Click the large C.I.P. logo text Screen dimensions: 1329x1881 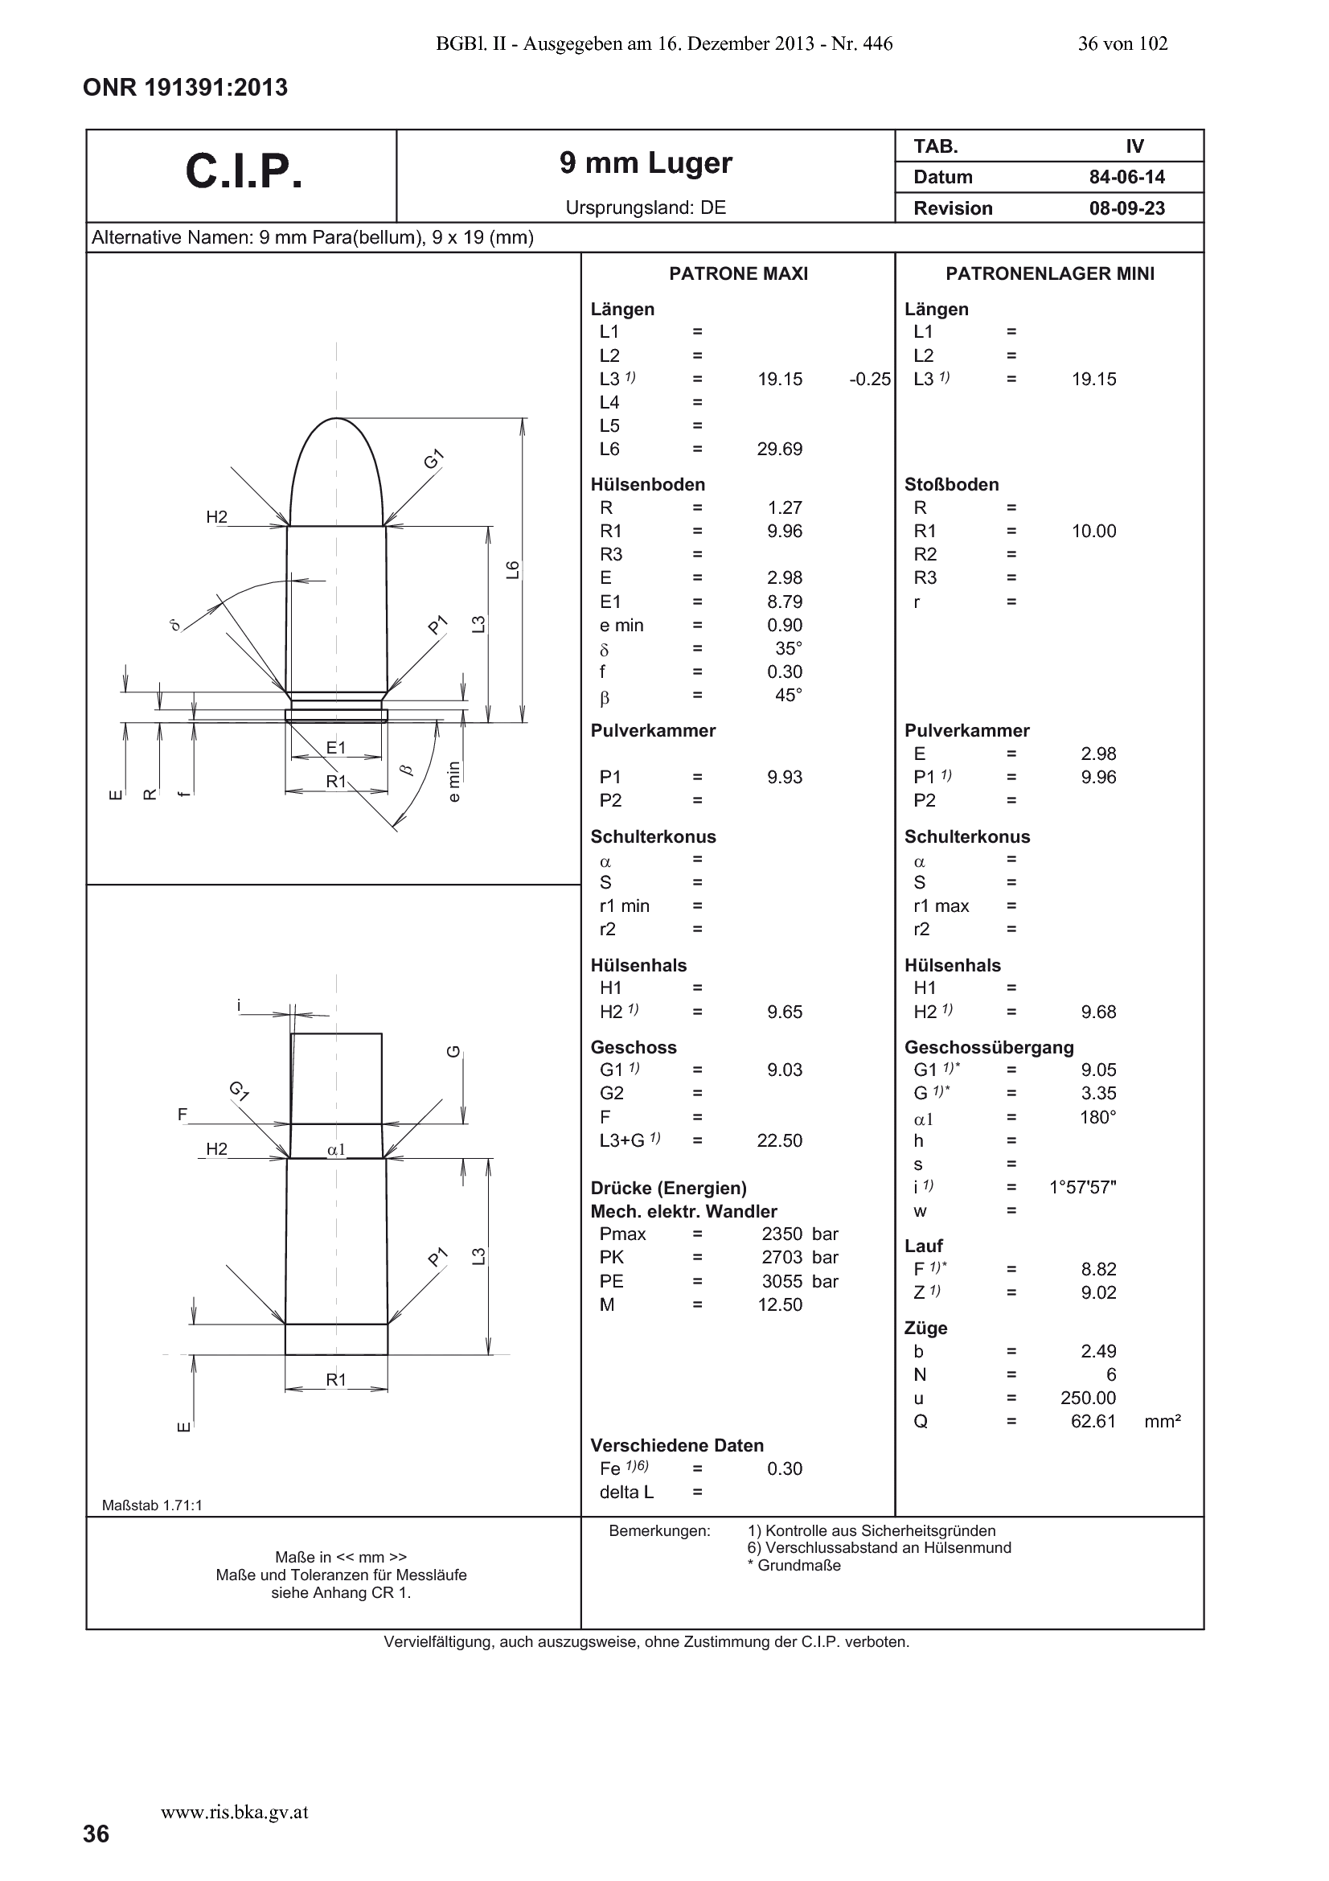click(x=244, y=172)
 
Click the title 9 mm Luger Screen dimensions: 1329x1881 click(x=646, y=163)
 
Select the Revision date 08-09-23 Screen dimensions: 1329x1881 click(x=1126, y=208)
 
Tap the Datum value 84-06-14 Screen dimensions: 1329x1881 click(x=1126, y=177)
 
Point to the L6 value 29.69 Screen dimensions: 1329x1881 click(x=780, y=449)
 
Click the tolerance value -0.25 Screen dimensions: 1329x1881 click(x=870, y=380)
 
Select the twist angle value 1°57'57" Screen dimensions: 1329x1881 click(x=1082, y=1187)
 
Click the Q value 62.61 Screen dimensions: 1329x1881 click(x=1093, y=1421)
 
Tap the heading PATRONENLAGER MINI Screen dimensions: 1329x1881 click(x=1050, y=273)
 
